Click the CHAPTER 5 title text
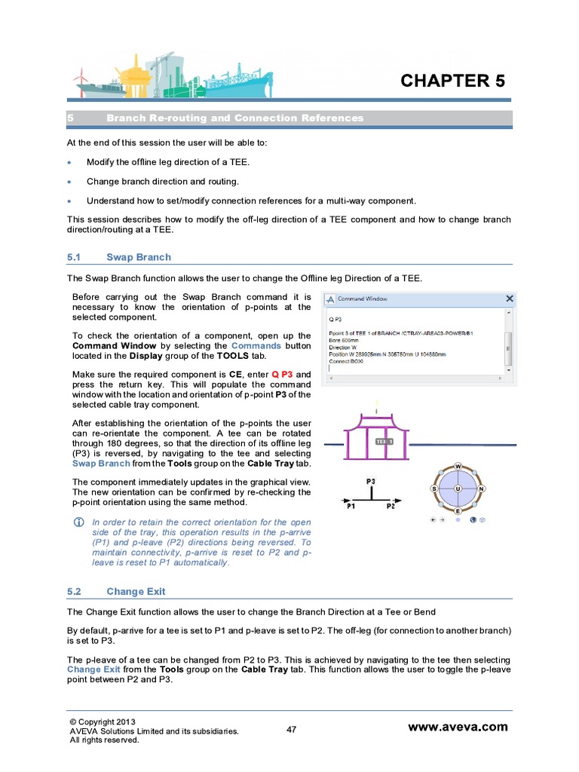(452, 81)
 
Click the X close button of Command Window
(509, 299)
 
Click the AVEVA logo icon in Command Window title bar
(329, 299)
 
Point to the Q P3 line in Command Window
(336, 318)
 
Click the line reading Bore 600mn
(345, 341)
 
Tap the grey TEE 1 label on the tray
(384, 442)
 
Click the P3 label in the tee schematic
(371, 480)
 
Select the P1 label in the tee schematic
(351, 507)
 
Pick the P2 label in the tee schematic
(391, 507)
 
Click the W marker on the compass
(458, 467)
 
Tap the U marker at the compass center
(458, 489)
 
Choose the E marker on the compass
(458, 511)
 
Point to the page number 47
(293, 729)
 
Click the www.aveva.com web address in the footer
(458, 728)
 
